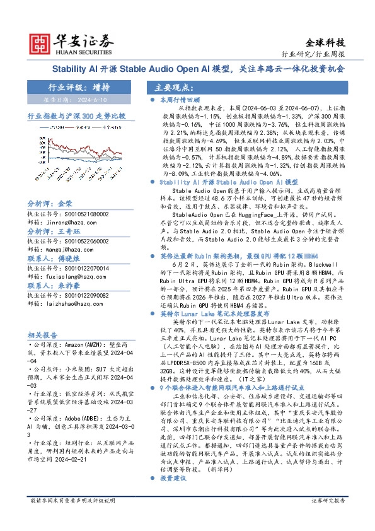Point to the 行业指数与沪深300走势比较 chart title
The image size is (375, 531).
point(76,117)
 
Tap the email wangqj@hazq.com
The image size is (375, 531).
point(61,249)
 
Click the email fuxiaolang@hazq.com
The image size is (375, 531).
point(64,276)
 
